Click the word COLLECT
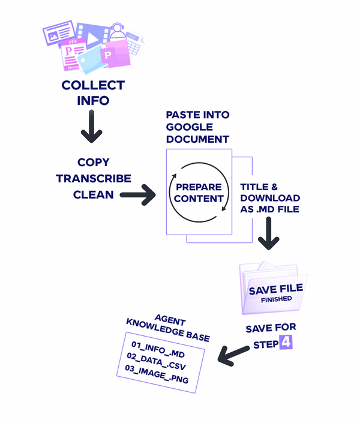(x=93, y=85)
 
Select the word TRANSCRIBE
(x=93, y=178)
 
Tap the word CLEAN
(x=93, y=194)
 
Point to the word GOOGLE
(x=190, y=127)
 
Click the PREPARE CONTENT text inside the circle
(x=199, y=193)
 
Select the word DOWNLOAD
(x=270, y=198)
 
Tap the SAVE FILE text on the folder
(x=276, y=289)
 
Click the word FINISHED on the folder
(x=276, y=299)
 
